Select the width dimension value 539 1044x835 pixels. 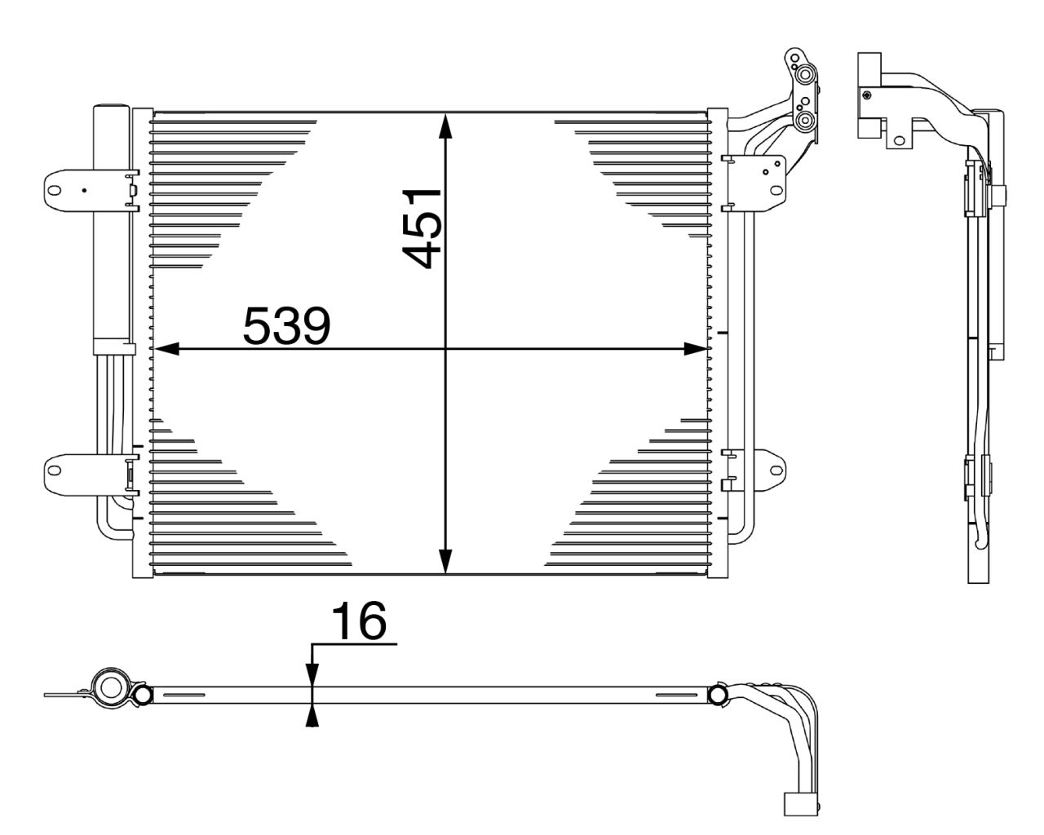tap(286, 326)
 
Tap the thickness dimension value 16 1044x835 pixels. tap(358, 622)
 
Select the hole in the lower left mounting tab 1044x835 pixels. tap(54, 471)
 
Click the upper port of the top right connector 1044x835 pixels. tap(805, 76)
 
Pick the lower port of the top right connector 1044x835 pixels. tap(805, 121)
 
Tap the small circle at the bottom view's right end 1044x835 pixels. tap(719, 695)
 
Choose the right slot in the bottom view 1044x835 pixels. tap(676, 695)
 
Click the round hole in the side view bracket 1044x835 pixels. tap(899, 139)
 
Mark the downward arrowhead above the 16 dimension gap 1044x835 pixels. tap(312, 670)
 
